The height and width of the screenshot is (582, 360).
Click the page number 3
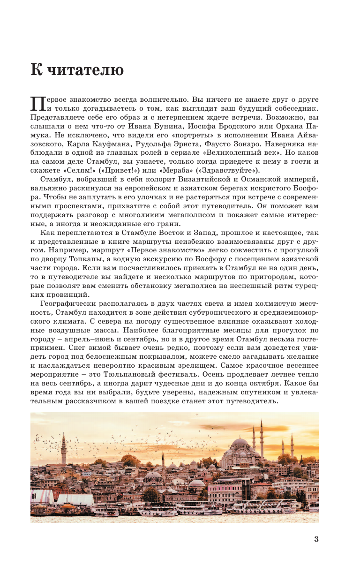(x=316, y=539)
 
